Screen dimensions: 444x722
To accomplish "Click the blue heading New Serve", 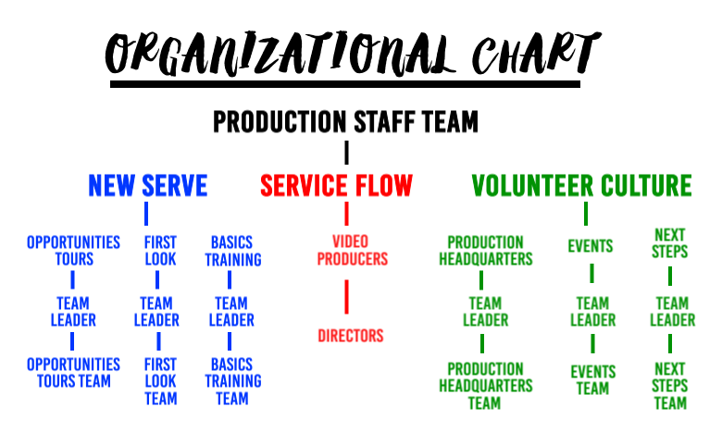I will (x=148, y=186).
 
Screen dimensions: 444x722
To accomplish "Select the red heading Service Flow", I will (x=336, y=186).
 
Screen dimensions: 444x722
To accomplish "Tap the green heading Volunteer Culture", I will (x=581, y=186).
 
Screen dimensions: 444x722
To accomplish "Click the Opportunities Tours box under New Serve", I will (x=73, y=251).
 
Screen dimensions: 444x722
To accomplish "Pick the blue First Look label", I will (x=160, y=251).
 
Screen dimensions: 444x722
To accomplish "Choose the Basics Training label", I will (x=232, y=251).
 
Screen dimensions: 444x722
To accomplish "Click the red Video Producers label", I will (x=352, y=251).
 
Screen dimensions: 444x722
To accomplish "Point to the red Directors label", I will (x=350, y=336).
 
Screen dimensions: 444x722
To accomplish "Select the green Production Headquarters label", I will (x=485, y=251).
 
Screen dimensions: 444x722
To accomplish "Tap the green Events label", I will (x=591, y=246).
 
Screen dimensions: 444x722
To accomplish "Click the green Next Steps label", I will (x=669, y=243).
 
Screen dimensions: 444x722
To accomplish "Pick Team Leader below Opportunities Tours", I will (x=73, y=312).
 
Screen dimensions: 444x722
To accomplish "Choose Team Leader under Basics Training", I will (x=231, y=312).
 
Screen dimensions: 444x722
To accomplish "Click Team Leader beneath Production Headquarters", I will (x=485, y=312).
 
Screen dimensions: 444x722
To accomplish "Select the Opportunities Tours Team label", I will (x=73, y=373).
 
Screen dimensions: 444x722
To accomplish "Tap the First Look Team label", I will (x=160, y=381).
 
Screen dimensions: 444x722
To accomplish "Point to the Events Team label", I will (x=592, y=380).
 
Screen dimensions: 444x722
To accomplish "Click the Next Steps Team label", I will (x=669, y=386).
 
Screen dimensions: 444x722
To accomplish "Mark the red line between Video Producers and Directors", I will (x=347, y=296).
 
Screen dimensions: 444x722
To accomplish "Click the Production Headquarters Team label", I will (x=485, y=386).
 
